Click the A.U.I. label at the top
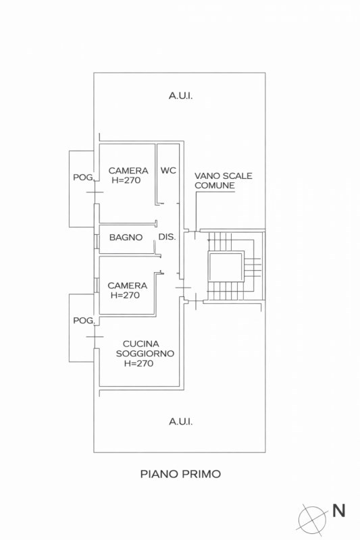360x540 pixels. click(x=180, y=96)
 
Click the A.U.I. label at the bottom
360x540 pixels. click(x=180, y=421)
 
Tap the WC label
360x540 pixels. click(x=168, y=171)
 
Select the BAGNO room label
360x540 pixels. click(x=126, y=237)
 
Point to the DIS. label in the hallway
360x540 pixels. click(x=167, y=237)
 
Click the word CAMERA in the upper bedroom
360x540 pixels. click(x=128, y=171)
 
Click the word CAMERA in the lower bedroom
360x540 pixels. click(x=128, y=286)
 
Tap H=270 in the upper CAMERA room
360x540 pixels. click(x=126, y=180)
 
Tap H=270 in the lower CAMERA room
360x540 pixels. click(x=125, y=295)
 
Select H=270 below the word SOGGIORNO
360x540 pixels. click(x=139, y=363)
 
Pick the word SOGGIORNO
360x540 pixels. click(x=145, y=353)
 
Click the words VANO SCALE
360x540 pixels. click(x=223, y=175)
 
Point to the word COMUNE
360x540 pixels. click(x=215, y=185)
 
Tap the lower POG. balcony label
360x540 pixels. click(x=83, y=321)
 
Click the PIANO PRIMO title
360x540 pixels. click(x=180, y=474)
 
